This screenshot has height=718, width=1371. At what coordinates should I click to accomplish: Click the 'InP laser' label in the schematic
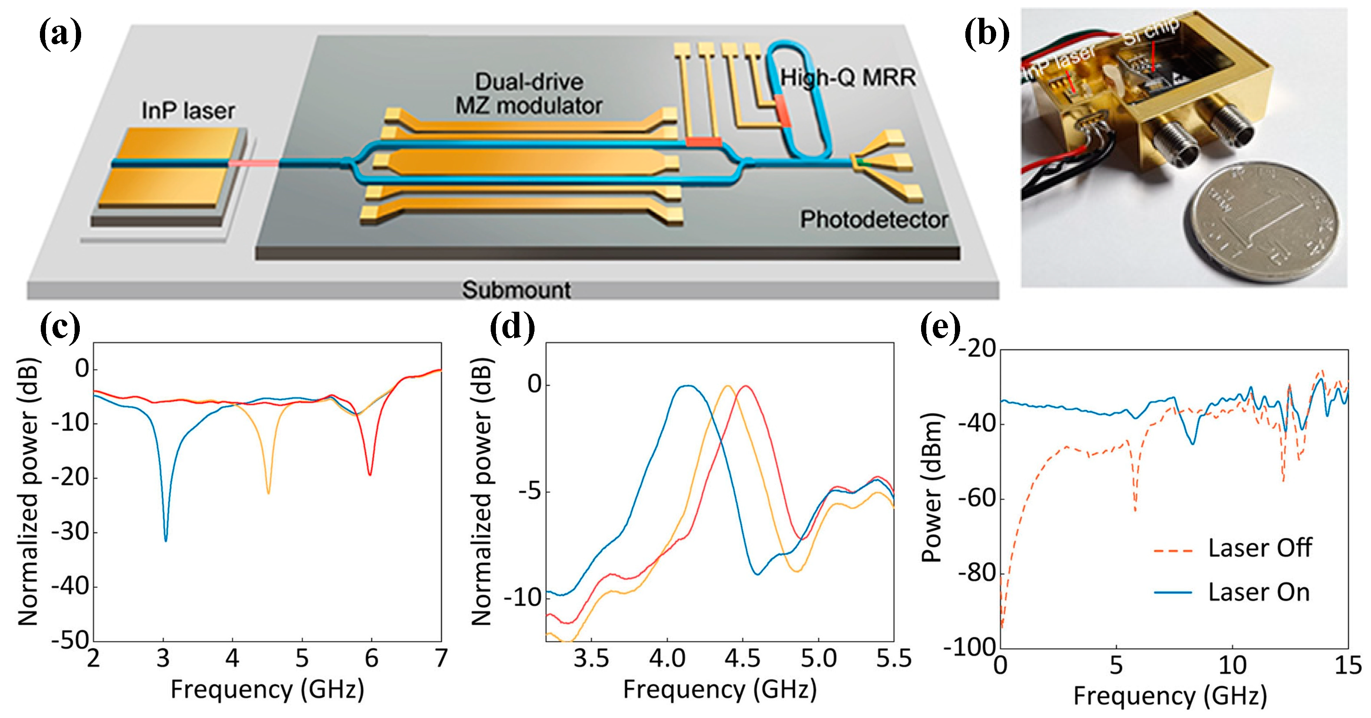point(188,111)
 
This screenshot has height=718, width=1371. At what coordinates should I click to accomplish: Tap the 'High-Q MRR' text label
point(848,78)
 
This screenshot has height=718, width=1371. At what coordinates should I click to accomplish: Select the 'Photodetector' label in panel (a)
point(874,220)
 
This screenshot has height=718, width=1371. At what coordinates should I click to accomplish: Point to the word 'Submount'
point(516,290)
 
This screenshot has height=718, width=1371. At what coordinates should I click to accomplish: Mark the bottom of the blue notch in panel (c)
point(166,540)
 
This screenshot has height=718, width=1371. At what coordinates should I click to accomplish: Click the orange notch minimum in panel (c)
point(268,493)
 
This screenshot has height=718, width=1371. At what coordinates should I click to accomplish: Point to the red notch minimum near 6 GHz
point(370,474)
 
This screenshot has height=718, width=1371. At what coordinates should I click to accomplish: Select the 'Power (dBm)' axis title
point(931,487)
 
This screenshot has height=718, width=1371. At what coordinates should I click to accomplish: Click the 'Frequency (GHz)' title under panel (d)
point(720,689)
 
